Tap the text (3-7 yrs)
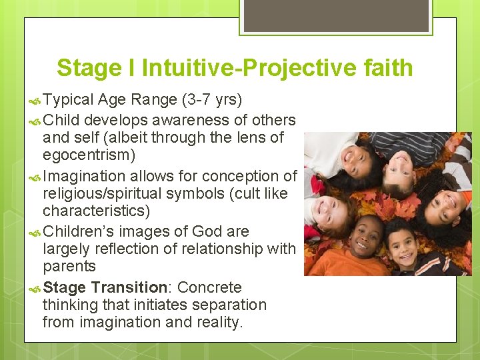211,100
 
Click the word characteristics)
97,211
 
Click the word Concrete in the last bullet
209,288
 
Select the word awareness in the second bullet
175,121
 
